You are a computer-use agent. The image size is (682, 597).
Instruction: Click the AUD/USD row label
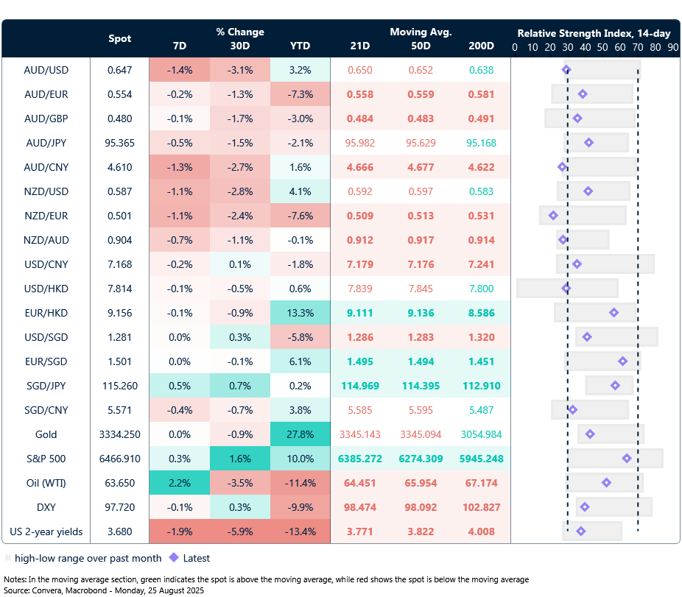(46, 70)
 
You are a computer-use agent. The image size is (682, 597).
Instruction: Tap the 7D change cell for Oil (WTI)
(179, 483)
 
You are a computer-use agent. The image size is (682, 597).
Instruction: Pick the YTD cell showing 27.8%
(300, 434)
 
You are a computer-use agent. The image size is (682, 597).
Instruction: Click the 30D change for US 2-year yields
(239, 531)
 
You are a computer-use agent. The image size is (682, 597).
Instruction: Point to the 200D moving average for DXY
(480, 507)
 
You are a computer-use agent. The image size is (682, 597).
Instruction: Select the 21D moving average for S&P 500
(360, 459)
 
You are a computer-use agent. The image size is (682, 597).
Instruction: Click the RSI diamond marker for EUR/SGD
(622, 361)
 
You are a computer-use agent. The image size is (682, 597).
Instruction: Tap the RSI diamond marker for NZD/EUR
(553, 216)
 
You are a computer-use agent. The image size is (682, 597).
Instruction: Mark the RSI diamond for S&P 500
(627, 459)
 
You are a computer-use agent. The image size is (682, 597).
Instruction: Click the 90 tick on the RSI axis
(672, 46)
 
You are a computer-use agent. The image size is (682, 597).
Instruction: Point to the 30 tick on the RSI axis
(567, 46)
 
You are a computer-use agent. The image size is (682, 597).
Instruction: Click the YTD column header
(300, 46)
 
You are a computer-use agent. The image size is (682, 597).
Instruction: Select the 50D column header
(421, 46)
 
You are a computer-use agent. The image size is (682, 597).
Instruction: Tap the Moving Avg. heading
(421, 32)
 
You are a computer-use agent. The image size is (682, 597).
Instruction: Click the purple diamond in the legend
(174, 558)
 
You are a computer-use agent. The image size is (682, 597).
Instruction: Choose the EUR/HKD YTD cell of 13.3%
(300, 313)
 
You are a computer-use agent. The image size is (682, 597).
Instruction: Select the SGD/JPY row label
(46, 386)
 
